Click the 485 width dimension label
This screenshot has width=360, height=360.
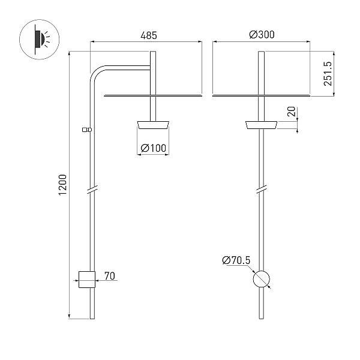click(x=149, y=35)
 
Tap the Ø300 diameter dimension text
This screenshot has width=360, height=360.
click(x=262, y=35)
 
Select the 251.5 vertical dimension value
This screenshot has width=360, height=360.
click(x=328, y=74)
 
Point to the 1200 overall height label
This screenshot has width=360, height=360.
click(x=62, y=185)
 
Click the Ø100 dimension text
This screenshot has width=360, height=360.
click(x=153, y=148)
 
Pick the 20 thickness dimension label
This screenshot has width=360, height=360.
click(x=291, y=112)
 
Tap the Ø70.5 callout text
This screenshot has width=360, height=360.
click(x=236, y=260)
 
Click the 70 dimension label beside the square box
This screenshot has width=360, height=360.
click(x=110, y=276)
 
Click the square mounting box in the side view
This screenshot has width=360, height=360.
click(x=87, y=280)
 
